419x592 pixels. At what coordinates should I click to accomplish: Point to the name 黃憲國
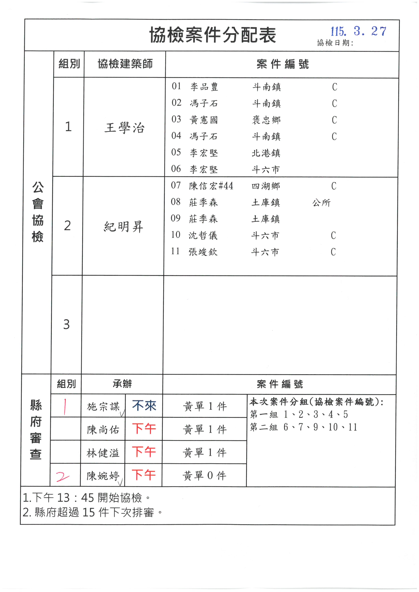pyautogui.click(x=204, y=120)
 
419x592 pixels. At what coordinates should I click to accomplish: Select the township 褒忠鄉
pyautogui.click(x=266, y=120)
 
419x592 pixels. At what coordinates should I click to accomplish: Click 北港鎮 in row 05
pyautogui.click(x=266, y=153)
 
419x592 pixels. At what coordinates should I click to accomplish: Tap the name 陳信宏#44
pyautogui.click(x=211, y=186)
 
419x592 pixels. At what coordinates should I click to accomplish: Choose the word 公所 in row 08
pyautogui.click(x=321, y=203)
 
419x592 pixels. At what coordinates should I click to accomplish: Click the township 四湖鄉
pyautogui.click(x=266, y=186)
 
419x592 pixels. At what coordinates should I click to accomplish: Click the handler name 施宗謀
pyautogui.click(x=103, y=407)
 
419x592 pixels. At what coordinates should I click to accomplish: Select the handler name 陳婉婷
pyautogui.click(x=103, y=476)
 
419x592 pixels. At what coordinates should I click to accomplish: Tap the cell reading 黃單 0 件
pyautogui.click(x=204, y=476)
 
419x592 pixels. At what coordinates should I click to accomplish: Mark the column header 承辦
pyautogui.click(x=122, y=384)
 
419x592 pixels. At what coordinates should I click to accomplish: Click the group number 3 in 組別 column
pyautogui.click(x=67, y=324)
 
